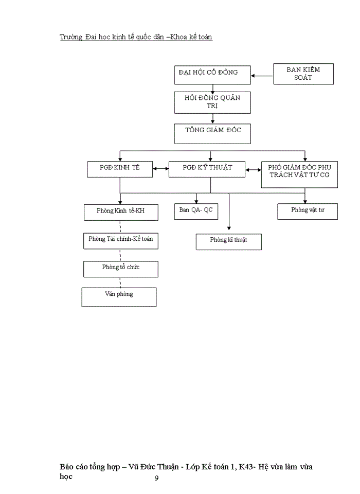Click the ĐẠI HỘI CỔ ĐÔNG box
click(x=212, y=74)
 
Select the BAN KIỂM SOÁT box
click(x=303, y=74)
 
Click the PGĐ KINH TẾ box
click(x=120, y=169)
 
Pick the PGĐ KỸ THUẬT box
click(x=208, y=169)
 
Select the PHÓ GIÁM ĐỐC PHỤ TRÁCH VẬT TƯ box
click(x=299, y=174)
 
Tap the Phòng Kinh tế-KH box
click(x=121, y=212)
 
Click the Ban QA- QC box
click(x=196, y=211)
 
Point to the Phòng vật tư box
click(x=308, y=211)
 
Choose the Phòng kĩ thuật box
click(x=228, y=241)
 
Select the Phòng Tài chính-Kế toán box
click(x=121, y=240)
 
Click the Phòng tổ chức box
click(x=121, y=269)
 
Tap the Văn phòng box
click(x=119, y=296)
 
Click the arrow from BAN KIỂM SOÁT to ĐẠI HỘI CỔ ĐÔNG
click(x=262, y=77)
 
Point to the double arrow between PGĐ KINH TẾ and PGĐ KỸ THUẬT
click(x=160, y=169)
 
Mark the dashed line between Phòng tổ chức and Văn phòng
click(x=121, y=282)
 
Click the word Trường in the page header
click(x=71, y=37)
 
